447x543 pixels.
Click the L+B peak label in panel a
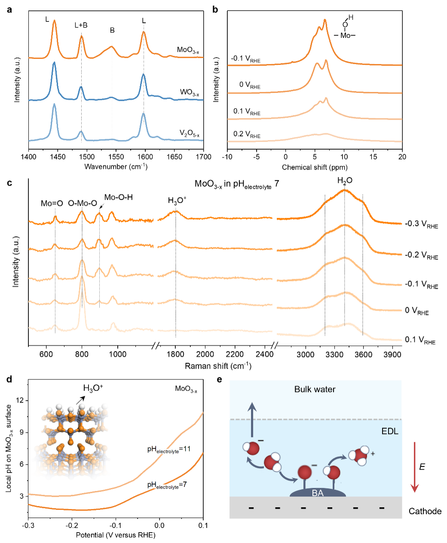click(81, 25)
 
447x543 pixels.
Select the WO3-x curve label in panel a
click(190, 92)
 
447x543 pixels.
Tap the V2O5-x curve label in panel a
click(190, 133)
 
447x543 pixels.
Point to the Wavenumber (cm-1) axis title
click(116, 167)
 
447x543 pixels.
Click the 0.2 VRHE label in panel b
click(247, 134)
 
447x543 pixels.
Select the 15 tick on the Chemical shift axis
click(373, 157)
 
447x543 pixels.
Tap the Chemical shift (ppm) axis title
click(315, 167)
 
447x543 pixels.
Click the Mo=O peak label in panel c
click(52, 203)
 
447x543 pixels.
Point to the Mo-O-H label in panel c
click(119, 197)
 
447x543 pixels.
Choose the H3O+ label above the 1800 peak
click(177, 201)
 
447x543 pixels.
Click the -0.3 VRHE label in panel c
click(421, 224)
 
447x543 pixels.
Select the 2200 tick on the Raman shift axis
click(235, 354)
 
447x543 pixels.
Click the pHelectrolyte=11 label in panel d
click(169, 450)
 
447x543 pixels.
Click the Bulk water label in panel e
click(315, 389)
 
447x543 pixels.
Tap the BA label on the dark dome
click(318, 493)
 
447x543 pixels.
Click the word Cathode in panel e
click(425, 511)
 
